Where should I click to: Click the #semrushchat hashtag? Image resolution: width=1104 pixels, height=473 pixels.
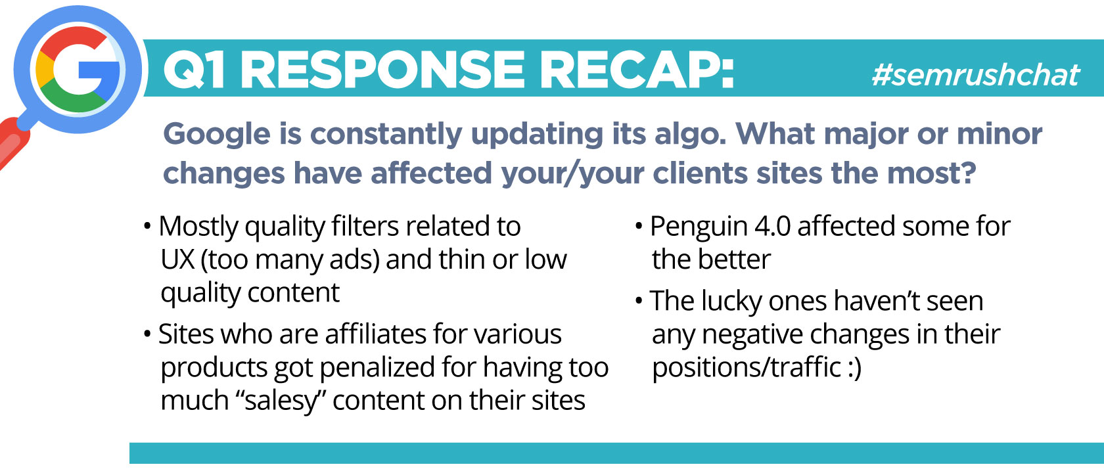tap(975, 75)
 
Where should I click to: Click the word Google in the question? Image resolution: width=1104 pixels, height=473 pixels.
tap(217, 135)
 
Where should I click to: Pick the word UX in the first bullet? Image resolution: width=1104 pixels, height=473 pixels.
tap(178, 259)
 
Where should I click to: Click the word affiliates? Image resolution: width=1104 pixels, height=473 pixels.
tap(376, 334)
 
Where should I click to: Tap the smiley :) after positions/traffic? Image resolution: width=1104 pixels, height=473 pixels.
tap(854, 368)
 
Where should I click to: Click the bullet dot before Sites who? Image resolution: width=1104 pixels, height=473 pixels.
tap(147, 334)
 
